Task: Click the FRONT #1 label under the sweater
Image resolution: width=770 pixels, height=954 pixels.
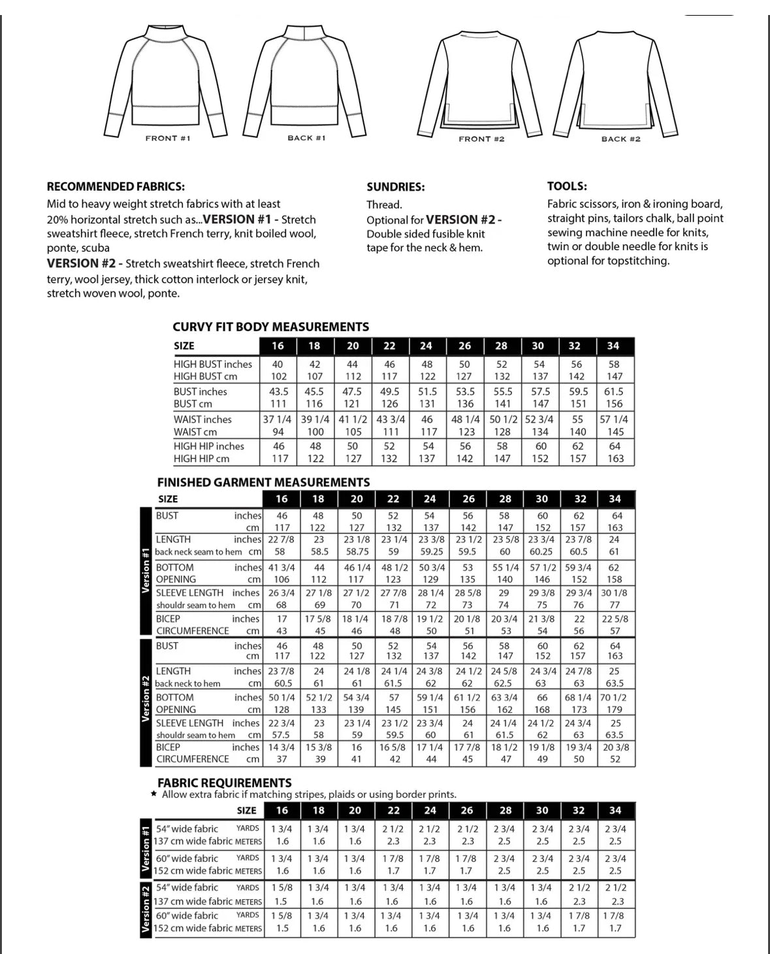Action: (168, 139)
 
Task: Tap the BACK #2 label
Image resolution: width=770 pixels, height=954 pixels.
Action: (620, 139)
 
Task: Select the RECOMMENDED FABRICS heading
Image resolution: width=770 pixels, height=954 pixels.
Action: (116, 187)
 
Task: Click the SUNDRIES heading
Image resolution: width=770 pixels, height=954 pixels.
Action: (395, 187)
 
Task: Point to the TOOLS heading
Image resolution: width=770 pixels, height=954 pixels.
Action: (567, 186)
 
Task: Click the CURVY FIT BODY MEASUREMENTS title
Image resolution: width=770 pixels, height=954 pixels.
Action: (270, 327)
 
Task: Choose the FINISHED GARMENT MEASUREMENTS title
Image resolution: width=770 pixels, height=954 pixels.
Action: (263, 482)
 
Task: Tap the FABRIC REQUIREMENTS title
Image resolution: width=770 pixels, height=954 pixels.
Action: (224, 782)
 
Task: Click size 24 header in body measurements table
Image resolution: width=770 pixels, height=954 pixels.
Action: (426, 346)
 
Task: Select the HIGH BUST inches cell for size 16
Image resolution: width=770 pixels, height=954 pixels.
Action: (278, 365)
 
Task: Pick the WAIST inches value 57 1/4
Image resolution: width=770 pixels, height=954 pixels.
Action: (614, 419)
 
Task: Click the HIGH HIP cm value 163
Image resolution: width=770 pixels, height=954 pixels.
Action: (615, 459)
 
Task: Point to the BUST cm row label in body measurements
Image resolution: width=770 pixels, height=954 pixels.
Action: (193, 404)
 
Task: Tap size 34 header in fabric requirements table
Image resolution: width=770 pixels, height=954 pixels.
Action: (615, 810)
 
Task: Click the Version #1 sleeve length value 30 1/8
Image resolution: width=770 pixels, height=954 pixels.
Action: (614, 593)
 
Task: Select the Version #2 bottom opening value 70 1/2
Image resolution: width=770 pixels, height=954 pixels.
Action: (614, 697)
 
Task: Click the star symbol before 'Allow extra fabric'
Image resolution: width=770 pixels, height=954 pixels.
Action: (153, 795)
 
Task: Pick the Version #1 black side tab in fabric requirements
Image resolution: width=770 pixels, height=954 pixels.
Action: (146, 848)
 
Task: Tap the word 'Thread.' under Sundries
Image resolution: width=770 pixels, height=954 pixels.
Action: (384, 205)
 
